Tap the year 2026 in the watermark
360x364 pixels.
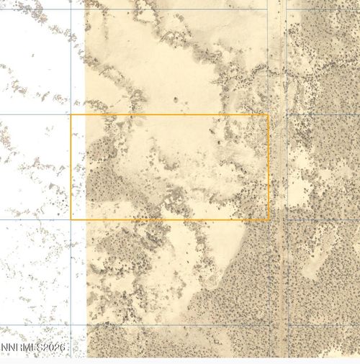52,348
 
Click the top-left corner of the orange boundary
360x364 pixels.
71,114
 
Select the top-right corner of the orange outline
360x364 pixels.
269,114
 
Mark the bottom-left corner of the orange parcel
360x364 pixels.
71,219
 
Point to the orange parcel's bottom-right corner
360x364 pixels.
269,219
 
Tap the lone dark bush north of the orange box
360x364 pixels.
175,99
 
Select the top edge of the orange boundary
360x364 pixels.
169,114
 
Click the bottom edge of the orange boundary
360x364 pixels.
169,219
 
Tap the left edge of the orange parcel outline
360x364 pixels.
71,167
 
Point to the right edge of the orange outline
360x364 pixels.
269,167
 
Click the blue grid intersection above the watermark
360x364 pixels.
71,324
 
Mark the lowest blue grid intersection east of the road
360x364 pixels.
287,324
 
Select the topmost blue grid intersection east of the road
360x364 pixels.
287,10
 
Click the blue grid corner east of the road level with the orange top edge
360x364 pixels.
287,114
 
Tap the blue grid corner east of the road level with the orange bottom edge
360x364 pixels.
287,219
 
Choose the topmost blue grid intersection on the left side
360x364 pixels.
71,10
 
